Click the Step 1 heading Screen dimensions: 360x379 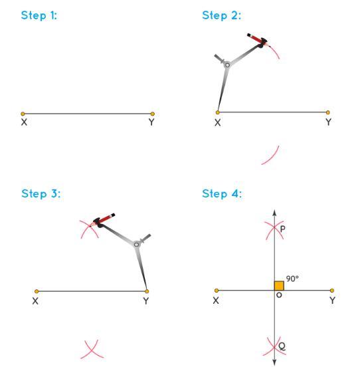[x=39, y=15]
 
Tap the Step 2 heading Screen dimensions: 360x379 [x=221, y=15]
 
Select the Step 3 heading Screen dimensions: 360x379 [x=41, y=194]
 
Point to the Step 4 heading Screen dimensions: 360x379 [x=222, y=194]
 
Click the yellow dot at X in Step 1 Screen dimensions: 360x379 [x=23, y=114]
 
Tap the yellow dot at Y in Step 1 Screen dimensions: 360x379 [x=152, y=114]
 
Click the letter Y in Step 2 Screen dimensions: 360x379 [x=328, y=122]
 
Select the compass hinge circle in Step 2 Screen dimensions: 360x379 [x=227, y=65]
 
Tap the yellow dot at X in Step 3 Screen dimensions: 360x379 [x=37, y=291]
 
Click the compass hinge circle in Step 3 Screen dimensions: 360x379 [x=136, y=245]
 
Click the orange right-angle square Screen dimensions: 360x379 [x=279, y=286]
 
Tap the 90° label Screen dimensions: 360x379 [x=292, y=279]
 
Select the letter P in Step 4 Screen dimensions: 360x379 [x=282, y=229]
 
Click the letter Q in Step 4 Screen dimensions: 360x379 [x=282, y=346]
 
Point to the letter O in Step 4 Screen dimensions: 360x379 [x=279, y=295]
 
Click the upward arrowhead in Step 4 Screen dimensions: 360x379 [x=274, y=213]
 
